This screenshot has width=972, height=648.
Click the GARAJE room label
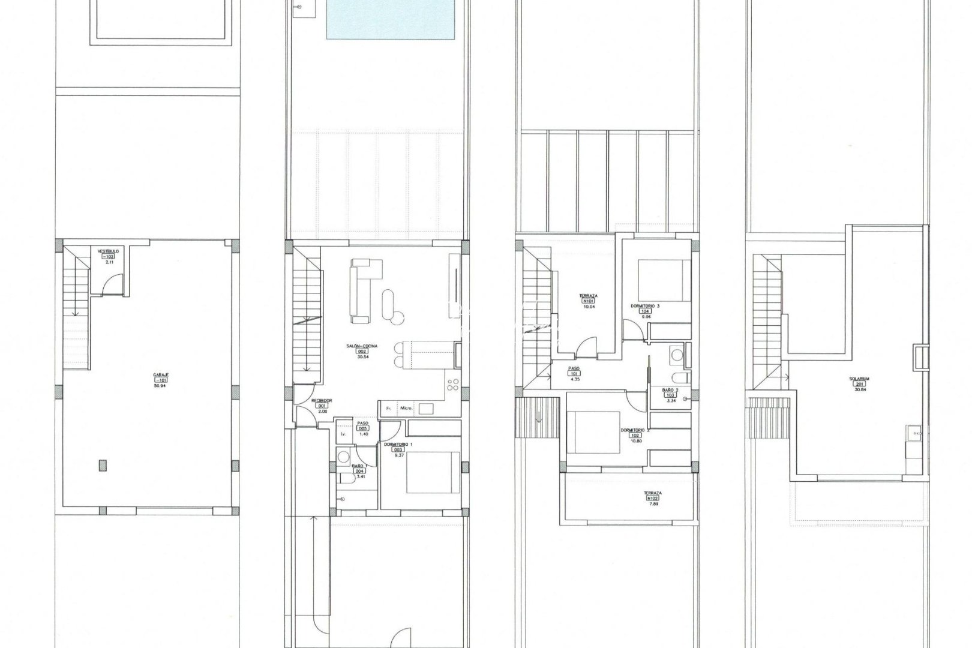[x=161, y=374]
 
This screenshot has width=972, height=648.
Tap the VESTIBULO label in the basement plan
[x=109, y=251]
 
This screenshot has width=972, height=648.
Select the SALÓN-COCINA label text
[x=361, y=346]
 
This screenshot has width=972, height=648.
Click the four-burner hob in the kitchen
[x=451, y=385]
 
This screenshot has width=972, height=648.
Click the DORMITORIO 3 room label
[x=645, y=306]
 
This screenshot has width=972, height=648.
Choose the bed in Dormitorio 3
[x=658, y=279]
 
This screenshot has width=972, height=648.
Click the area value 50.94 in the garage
[x=161, y=386]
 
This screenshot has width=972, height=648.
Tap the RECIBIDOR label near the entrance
[x=323, y=400]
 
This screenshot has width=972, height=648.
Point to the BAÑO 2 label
[x=670, y=390]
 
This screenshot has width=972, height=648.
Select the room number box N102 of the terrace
[x=653, y=498]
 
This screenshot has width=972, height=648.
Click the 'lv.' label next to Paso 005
[x=343, y=433]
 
